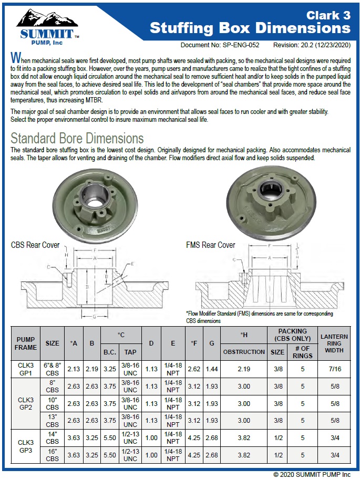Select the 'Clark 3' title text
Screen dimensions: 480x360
point(328,14)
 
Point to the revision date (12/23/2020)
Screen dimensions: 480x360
point(328,45)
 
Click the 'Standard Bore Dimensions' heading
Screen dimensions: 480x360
point(77,139)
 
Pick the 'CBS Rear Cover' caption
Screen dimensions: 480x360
point(35,245)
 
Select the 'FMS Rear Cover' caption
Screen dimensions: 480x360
point(210,245)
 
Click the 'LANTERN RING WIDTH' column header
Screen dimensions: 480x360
point(334,343)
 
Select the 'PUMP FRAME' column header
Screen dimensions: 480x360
point(26,343)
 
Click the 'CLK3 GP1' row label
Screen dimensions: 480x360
point(26,369)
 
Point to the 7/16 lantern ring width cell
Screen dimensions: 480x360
point(334,369)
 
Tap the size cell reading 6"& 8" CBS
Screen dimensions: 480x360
point(53,369)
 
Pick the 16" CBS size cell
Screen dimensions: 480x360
point(53,455)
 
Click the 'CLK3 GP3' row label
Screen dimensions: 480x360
point(26,446)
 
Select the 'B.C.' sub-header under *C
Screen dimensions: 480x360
point(110,352)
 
